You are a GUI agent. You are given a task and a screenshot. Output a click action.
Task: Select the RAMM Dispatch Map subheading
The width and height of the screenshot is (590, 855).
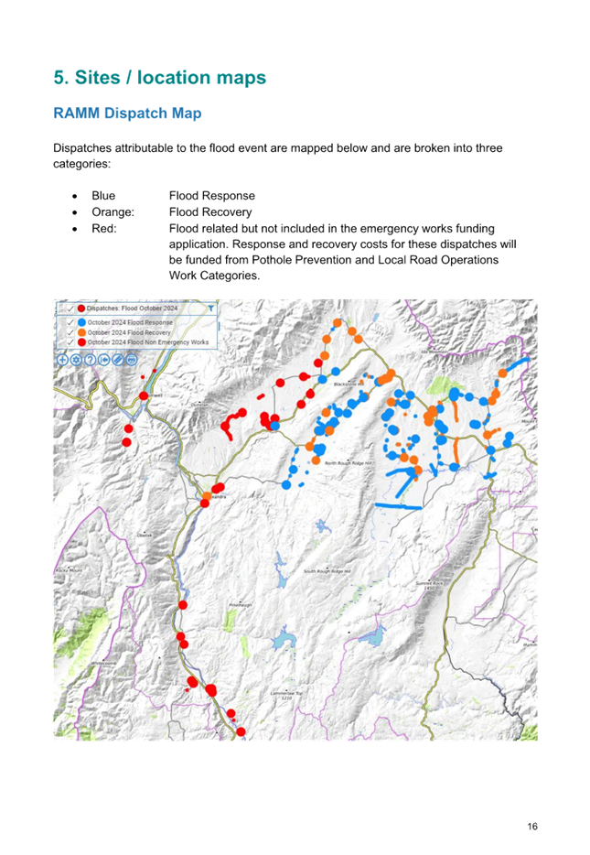[127, 114]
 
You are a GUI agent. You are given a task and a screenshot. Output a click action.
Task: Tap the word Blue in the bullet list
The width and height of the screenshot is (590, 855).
[103, 196]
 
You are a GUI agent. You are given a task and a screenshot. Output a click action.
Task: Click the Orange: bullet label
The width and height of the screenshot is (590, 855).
[113, 212]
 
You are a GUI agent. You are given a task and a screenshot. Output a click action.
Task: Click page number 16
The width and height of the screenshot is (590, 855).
[531, 827]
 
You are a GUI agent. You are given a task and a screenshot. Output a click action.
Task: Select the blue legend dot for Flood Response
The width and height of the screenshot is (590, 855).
[81, 322]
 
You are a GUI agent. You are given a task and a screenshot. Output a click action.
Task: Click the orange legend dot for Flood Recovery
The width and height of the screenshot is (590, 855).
[81, 332]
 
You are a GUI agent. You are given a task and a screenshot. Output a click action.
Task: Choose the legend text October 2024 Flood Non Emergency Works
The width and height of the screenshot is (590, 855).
[149, 342]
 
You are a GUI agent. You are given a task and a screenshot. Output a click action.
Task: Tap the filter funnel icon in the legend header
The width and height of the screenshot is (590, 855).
[211, 309]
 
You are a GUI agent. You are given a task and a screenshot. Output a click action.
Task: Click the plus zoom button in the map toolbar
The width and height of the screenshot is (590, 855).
[62, 360]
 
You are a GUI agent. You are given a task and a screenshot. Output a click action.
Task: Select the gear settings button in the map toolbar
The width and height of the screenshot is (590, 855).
[76, 360]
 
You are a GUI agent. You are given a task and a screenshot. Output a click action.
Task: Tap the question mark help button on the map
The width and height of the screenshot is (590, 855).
[90, 360]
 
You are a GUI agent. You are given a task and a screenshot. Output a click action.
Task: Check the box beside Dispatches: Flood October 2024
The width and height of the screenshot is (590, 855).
[70, 309]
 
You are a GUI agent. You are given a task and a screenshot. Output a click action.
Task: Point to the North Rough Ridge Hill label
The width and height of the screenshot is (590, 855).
[349, 463]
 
